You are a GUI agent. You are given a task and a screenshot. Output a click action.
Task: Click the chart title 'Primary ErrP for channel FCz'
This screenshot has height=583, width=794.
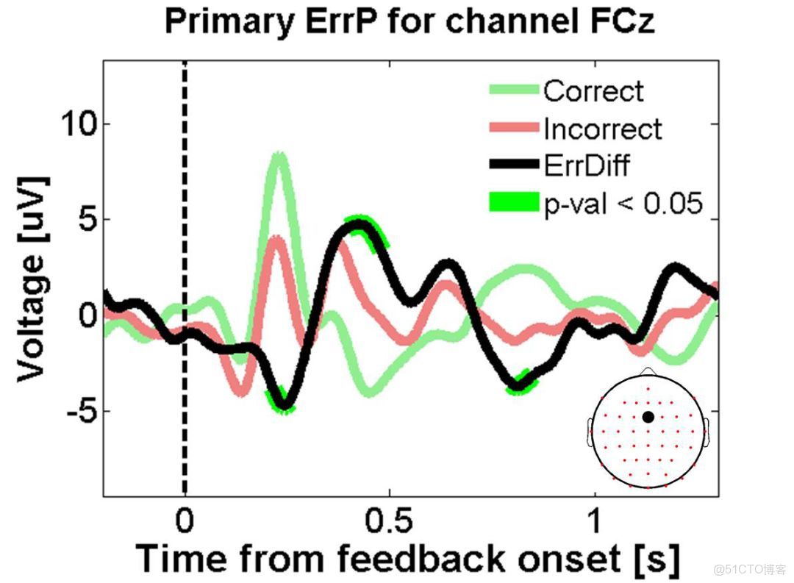click(409, 22)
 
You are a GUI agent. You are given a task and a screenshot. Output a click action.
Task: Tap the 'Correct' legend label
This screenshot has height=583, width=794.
click(593, 92)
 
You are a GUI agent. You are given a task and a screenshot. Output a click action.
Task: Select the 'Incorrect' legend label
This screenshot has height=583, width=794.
click(603, 129)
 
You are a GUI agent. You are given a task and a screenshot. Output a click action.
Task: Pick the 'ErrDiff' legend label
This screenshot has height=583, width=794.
click(587, 165)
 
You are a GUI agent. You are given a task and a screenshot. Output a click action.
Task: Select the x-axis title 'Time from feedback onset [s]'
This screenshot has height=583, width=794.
click(408, 558)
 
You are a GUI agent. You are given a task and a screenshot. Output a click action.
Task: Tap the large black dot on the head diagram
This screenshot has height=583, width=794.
click(648, 417)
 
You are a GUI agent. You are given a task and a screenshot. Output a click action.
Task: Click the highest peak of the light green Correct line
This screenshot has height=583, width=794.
click(279, 156)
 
